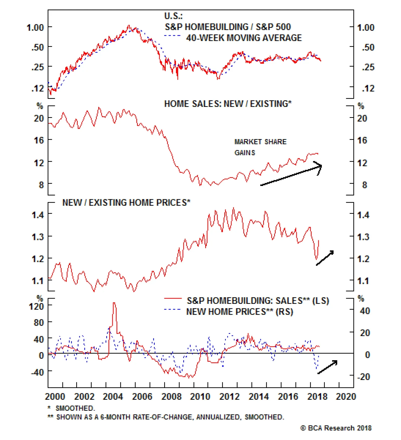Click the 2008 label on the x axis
pos(171,396)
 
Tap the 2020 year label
pos(346,396)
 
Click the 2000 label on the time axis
pos(55,396)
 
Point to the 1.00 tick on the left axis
pos(35,27)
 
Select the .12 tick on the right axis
pos(368,88)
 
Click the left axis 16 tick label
pos(39,140)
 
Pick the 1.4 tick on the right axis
pos(363,215)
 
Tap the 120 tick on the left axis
pos(36,306)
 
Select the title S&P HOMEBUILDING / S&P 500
pos(228,27)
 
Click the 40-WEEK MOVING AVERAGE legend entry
pos(244,38)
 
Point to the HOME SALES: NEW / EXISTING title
pos(228,104)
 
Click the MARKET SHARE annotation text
pos(260,142)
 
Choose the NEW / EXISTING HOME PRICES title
pos(126,202)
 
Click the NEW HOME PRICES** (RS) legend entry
pos(240,312)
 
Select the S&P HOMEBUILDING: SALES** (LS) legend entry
pos(258,301)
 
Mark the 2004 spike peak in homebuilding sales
pos(114,303)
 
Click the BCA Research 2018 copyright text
pos(336,428)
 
